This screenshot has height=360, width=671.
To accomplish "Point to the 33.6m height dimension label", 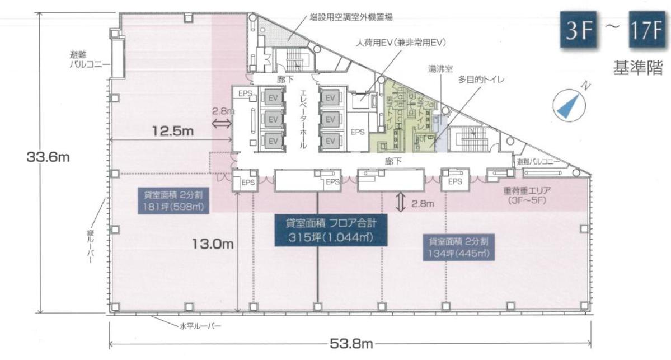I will tap(48, 157).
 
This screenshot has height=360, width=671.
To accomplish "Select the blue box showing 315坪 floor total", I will tap(330, 230).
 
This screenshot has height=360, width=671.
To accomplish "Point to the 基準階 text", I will tap(638, 70).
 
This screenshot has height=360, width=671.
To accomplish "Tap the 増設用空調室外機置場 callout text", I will tap(351, 17).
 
